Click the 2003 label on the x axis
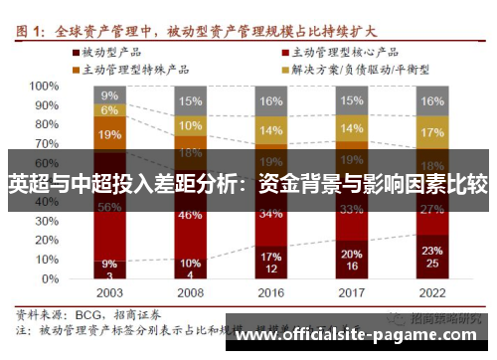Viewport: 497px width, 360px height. (x=110, y=294)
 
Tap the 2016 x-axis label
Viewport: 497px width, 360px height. (x=271, y=294)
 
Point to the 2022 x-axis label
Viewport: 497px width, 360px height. (x=432, y=294)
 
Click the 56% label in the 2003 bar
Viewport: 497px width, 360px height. (x=110, y=207)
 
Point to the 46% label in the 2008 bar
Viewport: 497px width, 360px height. (x=191, y=214)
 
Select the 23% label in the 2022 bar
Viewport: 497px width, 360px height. (x=432, y=251)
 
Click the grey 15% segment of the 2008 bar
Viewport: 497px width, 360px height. (x=191, y=100)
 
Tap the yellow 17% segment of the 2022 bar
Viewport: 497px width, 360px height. (x=432, y=131)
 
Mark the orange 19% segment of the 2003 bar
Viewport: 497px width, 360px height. (x=110, y=134)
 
